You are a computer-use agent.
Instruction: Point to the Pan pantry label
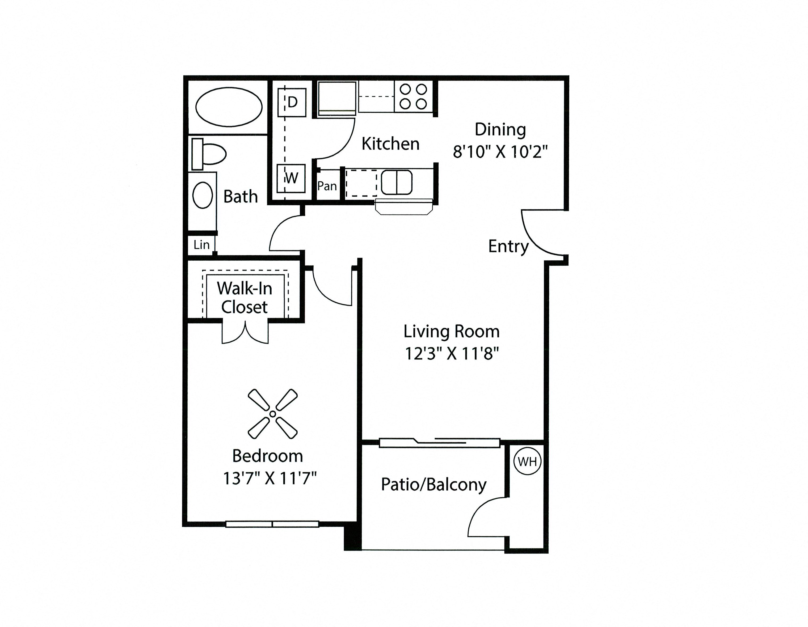(x=327, y=186)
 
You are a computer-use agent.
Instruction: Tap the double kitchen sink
(x=397, y=182)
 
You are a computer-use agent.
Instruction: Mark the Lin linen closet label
(x=202, y=244)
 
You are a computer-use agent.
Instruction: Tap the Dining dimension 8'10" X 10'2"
(x=500, y=151)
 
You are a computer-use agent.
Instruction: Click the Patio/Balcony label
(x=434, y=485)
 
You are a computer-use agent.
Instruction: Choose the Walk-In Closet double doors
(x=245, y=333)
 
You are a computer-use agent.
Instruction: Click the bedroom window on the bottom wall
(x=272, y=524)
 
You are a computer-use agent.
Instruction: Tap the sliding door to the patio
(x=440, y=443)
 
